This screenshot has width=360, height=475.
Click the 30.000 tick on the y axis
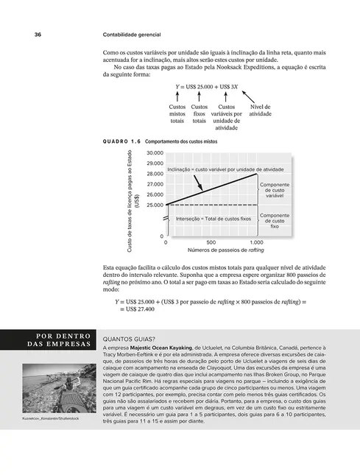(x=154, y=152)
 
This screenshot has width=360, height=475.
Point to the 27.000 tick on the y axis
(x=154, y=183)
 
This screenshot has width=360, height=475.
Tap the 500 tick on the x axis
(x=211, y=242)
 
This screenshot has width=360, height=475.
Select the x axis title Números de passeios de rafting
(x=211, y=251)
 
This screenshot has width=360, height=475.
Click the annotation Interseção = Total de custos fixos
(x=214, y=219)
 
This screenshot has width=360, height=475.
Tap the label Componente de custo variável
(x=275, y=191)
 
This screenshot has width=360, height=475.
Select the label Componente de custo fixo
(x=275, y=222)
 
